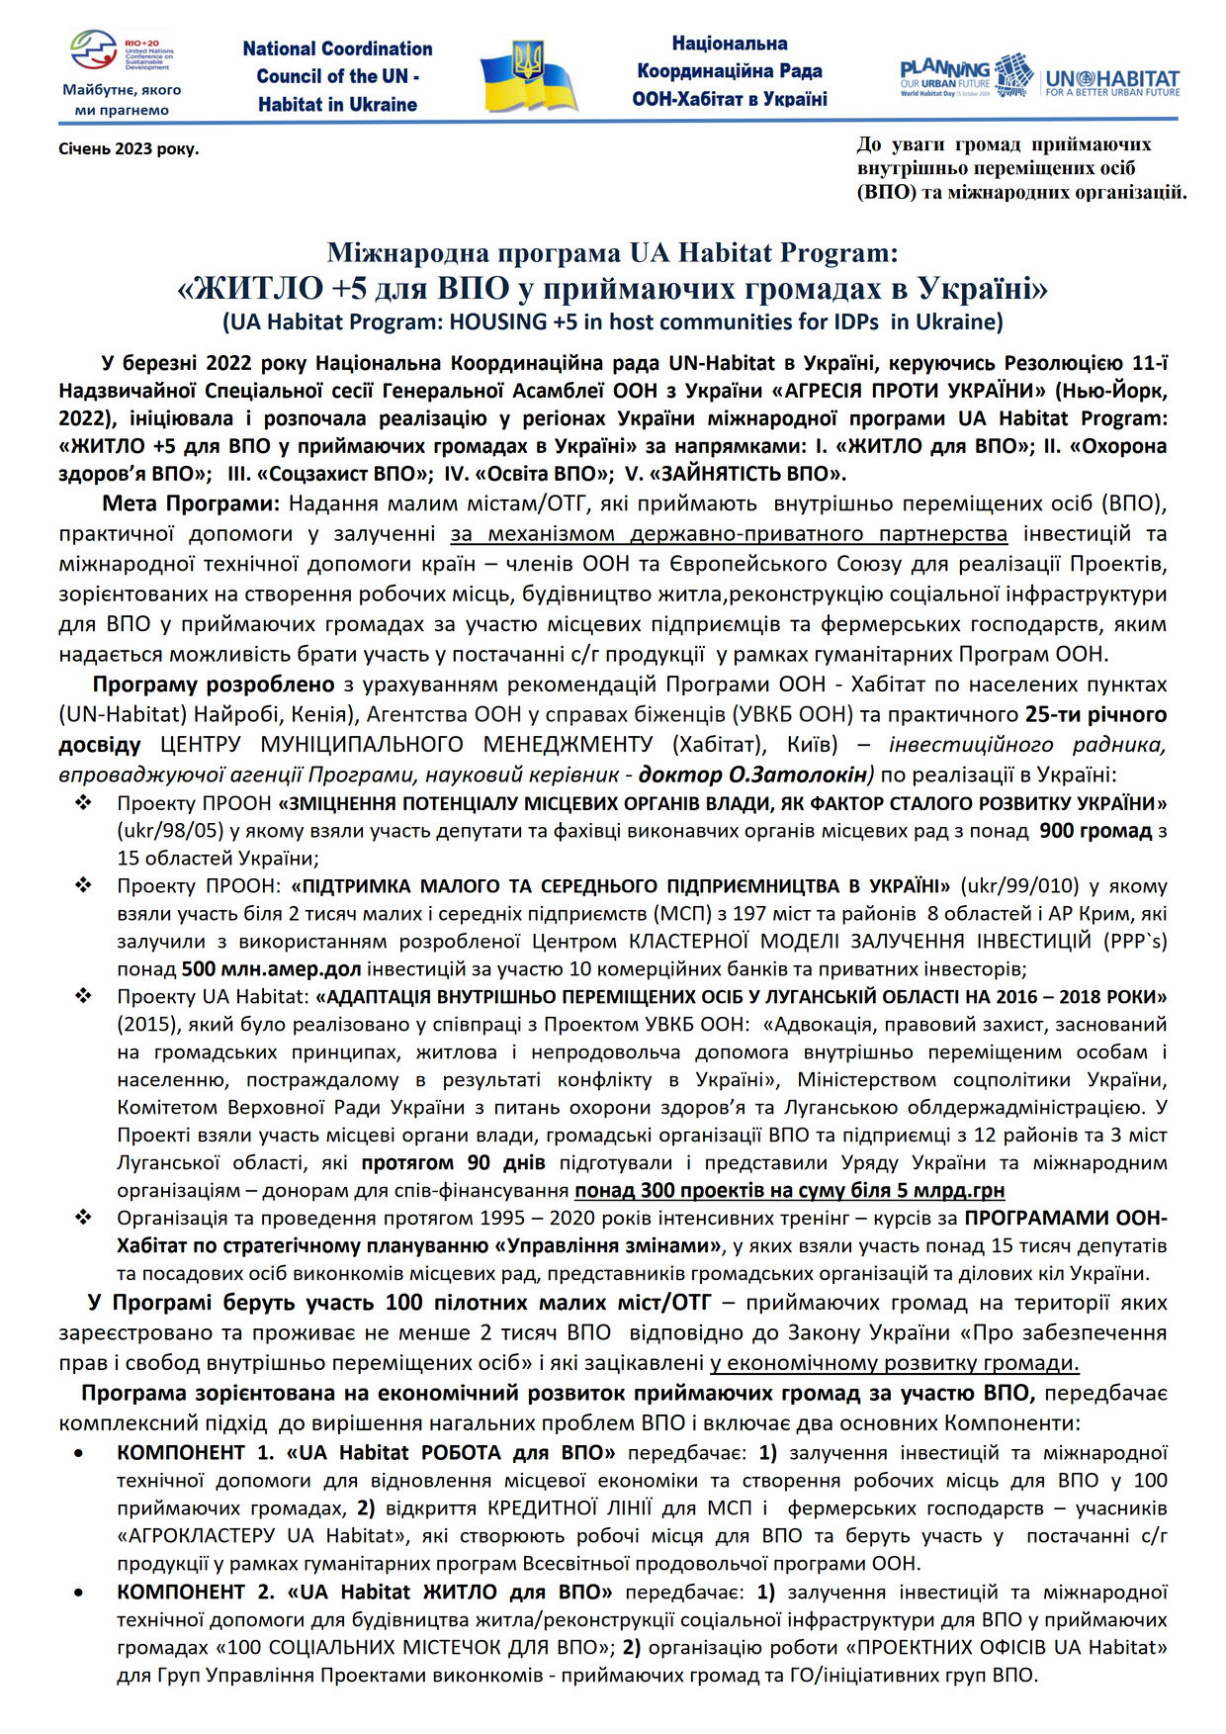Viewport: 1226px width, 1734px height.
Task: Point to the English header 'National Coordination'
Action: (337, 48)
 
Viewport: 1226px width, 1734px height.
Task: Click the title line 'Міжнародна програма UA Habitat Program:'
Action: (612, 253)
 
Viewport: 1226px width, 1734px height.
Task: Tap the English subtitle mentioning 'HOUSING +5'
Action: (612, 321)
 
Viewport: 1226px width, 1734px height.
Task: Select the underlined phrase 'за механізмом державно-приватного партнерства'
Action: (729, 534)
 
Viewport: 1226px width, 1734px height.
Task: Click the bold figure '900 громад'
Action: (1095, 831)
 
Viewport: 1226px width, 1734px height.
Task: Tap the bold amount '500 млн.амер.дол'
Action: (272, 968)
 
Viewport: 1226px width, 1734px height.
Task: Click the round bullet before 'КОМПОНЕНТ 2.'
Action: (79, 1593)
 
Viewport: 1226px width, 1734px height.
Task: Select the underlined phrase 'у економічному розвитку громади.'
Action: (894, 1362)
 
